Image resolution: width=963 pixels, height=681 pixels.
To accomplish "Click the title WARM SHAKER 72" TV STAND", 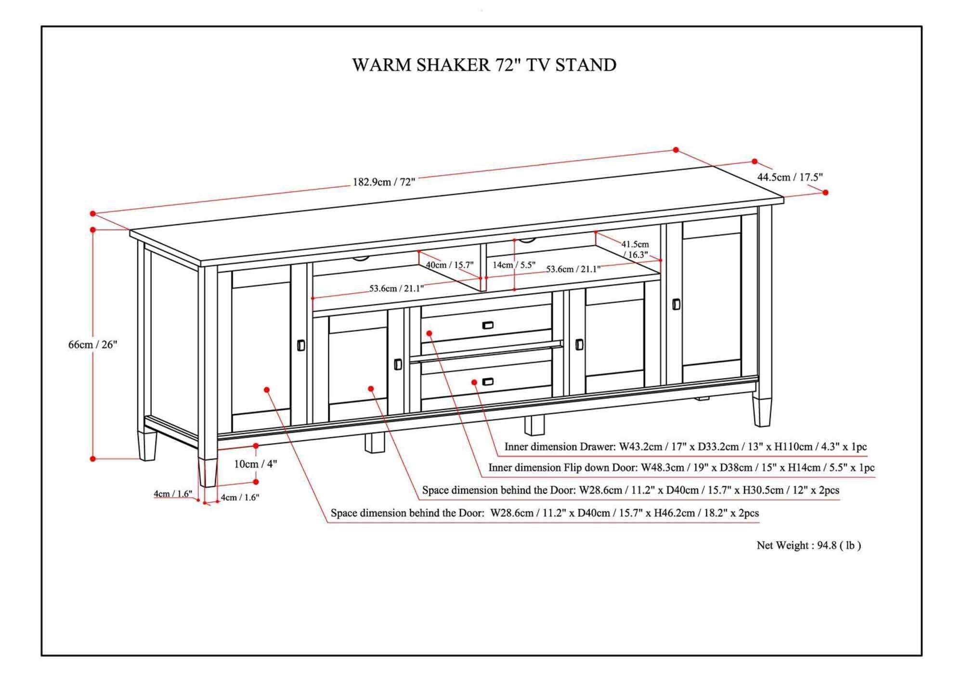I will point(484,65).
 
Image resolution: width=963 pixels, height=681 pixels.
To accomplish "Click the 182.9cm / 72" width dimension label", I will point(384,182).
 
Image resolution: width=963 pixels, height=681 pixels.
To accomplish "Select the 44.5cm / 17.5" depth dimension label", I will point(790,177).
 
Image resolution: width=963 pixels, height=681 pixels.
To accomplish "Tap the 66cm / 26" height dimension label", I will point(92,344).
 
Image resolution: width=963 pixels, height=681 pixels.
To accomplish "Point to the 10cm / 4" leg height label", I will point(255,464).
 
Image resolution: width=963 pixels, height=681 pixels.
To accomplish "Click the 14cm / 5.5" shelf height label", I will point(514,265).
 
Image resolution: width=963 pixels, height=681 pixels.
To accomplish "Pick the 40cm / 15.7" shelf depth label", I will point(449,265).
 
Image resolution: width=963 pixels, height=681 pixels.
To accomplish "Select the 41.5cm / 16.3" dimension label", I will point(635,249).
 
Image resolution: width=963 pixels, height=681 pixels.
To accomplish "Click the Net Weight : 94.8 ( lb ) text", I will point(808,545).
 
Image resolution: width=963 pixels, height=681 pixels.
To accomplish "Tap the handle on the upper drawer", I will point(488,325).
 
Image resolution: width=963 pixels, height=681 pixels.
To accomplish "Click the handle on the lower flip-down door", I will point(488,382).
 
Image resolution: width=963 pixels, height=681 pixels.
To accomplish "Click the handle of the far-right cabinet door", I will point(676,304).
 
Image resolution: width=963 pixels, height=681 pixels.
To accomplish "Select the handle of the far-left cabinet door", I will point(301,345).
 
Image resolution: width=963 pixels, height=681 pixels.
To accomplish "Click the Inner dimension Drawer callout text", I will point(685,446).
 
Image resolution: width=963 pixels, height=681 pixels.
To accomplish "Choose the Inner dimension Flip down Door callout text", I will point(681,468).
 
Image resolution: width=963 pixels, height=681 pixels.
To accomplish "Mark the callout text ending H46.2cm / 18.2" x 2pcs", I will point(544,513).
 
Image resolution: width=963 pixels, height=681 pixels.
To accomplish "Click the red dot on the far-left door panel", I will point(267,389).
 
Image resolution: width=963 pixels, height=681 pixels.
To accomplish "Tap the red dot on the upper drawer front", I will point(429,333).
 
